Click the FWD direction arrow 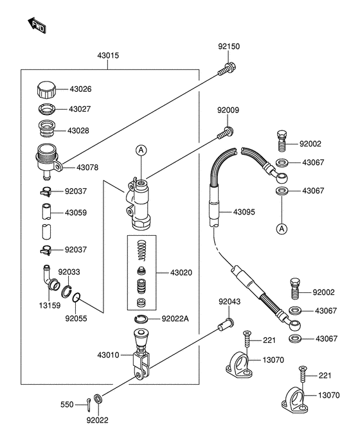tap(37, 25)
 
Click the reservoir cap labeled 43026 tap(46, 90)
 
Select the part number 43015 tap(108, 55)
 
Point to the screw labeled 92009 tap(226, 133)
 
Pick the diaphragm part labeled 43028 tap(47, 128)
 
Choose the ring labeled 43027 tap(47, 109)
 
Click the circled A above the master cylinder tap(141, 150)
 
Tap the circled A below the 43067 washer tap(282, 229)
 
